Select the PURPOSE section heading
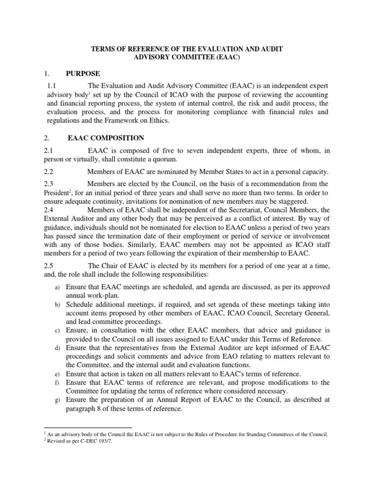pyautogui.click(x=83, y=73)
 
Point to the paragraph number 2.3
pyautogui.click(x=49, y=183)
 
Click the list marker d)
pyautogui.click(x=56, y=349)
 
